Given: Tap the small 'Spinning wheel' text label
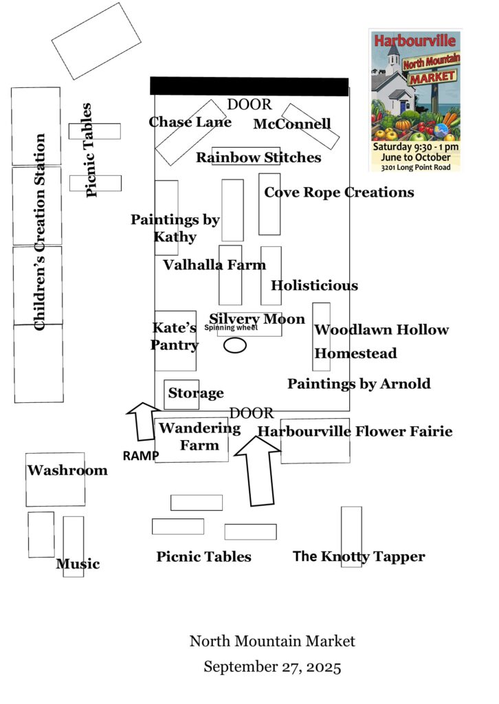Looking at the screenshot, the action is tap(231, 328).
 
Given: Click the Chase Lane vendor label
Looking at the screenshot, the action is tap(190, 122).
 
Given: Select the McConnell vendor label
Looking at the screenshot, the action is tap(292, 124).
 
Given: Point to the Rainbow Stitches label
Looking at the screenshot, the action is tap(258, 157).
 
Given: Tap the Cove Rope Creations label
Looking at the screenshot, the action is tap(339, 192).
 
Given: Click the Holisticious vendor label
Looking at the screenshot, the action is tap(314, 285).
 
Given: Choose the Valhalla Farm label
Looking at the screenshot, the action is tap(214, 265).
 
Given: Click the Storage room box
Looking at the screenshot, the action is tap(181, 395).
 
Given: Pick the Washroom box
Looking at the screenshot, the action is tap(55, 479).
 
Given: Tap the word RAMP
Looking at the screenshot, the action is tap(141, 456).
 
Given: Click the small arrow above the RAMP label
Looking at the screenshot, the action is tap(144, 421).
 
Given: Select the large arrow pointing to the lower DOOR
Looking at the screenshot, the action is tap(258, 471).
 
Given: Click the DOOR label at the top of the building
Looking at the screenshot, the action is tap(249, 104).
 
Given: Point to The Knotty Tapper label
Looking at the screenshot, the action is tap(359, 557).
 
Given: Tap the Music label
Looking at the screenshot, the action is tap(78, 564).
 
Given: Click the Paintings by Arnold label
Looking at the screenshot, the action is tap(359, 384).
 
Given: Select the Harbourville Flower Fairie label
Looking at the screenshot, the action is tap(355, 431).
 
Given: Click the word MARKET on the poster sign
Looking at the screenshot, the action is tap(432, 78).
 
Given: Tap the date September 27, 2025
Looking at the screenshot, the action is tap(272, 667).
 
